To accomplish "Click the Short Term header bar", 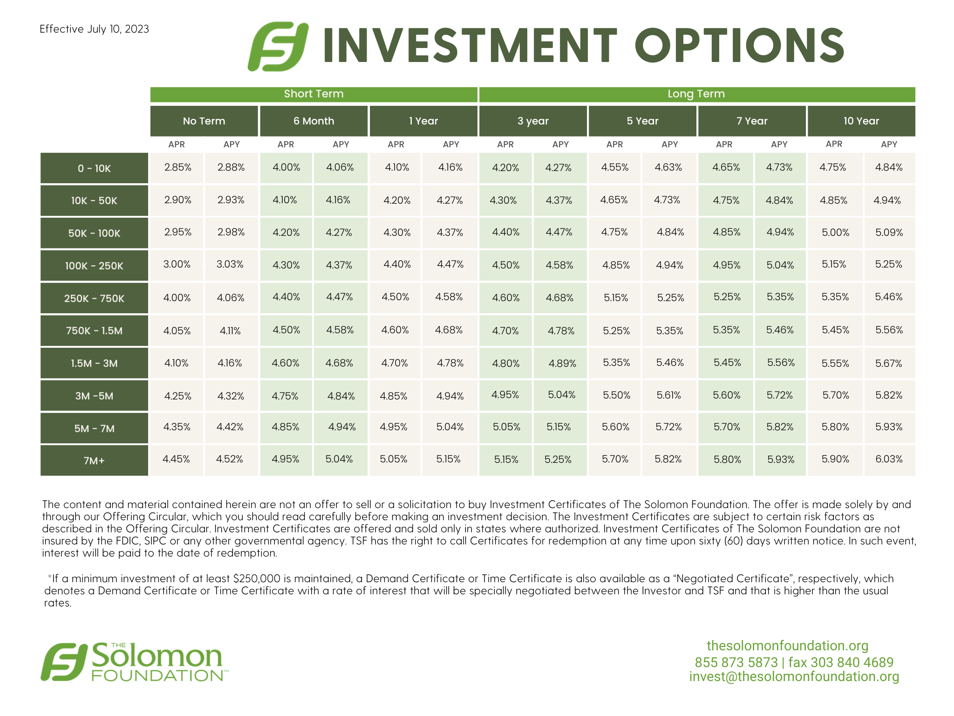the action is coord(314,94).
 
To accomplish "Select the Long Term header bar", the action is coord(697,94).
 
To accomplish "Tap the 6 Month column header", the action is coord(314,121).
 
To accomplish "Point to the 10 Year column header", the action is coord(861,121).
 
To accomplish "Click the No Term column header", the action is coord(204,121).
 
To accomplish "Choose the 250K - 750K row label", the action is coord(94,298).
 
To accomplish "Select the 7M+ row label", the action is coord(94,461).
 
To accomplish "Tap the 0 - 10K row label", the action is coord(94,168).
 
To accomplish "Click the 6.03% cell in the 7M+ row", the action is coord(889,459).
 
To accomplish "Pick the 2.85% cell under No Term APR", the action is coord(177,167).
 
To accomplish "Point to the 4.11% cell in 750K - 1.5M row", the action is coord(230,331).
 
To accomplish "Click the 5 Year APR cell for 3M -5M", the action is coord(616,395).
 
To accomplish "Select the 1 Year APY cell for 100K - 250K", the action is coord(450,264).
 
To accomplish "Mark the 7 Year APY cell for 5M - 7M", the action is coord(780,427).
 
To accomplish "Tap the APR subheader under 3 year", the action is coord(505,145).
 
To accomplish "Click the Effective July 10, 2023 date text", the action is coord(94,29).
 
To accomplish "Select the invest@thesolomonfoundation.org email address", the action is coord(794,677).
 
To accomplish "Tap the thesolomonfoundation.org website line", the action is coord(788,646).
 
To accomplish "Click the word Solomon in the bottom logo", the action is coord(157,656).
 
